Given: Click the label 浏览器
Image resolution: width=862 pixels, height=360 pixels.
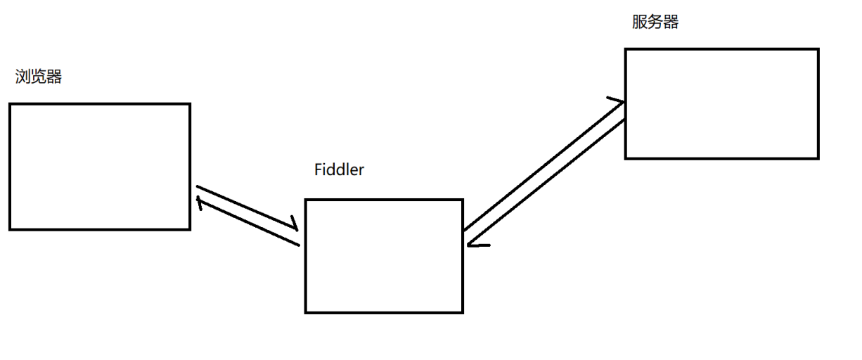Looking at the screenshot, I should pyautogui.click(x=39, y=77).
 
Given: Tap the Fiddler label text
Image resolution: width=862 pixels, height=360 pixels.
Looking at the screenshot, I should pyautogui.click(x=339, y=170).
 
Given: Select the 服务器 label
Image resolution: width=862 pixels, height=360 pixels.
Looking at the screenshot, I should pyautogui.click(x=655, y=22).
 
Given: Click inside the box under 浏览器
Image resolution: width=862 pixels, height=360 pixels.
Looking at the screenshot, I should pyautogui.click(x=100, y=167).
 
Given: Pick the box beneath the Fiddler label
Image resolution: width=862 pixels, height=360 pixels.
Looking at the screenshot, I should pyautogui.click(x=384, y=256).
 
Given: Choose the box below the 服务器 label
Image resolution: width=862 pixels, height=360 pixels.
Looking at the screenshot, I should pyautogui.click(x=722, y=103).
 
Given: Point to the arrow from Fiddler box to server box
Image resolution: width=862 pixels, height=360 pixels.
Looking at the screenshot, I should pyautogui.click(x=541, y=165).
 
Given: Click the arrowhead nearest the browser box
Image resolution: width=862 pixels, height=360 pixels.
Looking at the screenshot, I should pyautogui.click(x=200, y=204).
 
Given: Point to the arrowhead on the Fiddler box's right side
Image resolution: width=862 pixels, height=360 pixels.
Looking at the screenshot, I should pyautogui.click(x=472, y=244).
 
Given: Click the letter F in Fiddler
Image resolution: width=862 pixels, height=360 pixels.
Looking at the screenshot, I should pyautogui.click(x=318, y=170).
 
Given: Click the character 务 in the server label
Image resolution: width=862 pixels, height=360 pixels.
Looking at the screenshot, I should pyautogui.click(x=655, y=22).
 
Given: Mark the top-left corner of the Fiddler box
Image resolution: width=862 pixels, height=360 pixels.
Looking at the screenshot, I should pyautogui.click(x=306, y=200).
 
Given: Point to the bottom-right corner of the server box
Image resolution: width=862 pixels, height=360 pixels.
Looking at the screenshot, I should pyautogui.click(x=818, y=158).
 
